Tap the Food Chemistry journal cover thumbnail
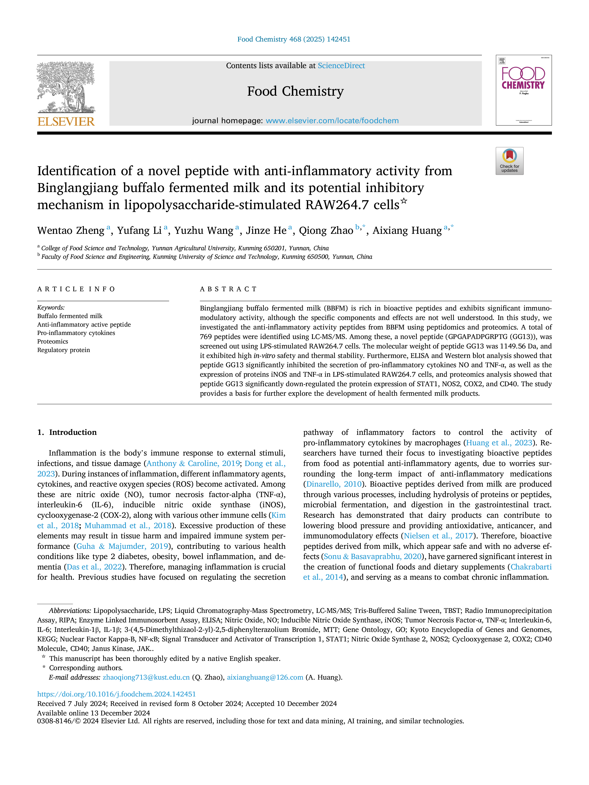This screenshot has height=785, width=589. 524,90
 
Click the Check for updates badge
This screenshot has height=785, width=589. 509,161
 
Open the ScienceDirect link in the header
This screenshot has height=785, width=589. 341,66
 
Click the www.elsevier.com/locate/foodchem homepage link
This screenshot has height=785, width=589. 332,121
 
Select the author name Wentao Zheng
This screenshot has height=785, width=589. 71,231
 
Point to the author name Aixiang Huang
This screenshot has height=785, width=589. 407,231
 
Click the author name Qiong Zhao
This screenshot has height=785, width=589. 326,231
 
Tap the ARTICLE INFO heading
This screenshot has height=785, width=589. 76,289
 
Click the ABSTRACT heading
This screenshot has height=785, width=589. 228,289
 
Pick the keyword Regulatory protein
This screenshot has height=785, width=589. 64,350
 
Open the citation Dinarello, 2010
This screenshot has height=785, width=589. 334,484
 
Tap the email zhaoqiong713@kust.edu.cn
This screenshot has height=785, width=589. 146,677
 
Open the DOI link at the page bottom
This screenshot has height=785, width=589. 116,694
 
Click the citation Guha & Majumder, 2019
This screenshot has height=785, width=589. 122,546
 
